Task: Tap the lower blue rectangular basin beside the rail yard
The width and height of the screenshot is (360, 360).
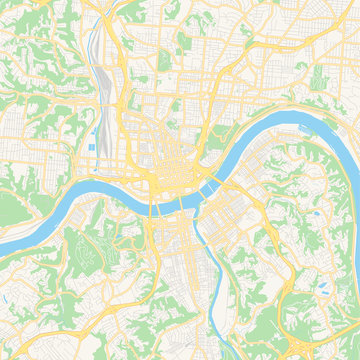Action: (94, 148)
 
